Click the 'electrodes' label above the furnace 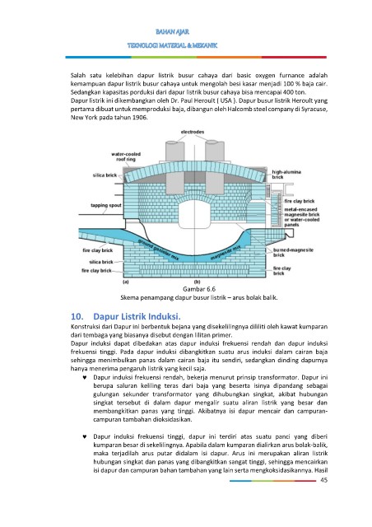click(x=193, y=132)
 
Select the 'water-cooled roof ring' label click(x=126, y=156)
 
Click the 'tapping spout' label click(x=106, y=205)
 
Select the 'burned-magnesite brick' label click(x=293, y=253)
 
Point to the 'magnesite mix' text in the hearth click(x=226, y=254)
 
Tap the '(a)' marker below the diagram click(x=126, y=282)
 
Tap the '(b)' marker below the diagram click(x=197, y=282)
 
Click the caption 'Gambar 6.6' click(x=199, y=289)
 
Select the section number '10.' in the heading click(x=77, y=316)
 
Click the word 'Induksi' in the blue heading click(x=165, y=316)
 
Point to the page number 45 click(x=323, y=480)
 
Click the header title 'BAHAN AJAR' click(x=172, y=32)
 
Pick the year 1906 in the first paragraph click(x=140, y=117)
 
